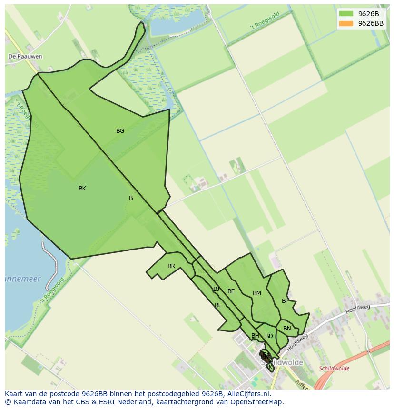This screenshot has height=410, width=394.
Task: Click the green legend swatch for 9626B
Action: (346, 14)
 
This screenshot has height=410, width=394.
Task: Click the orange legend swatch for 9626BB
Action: (346, 23)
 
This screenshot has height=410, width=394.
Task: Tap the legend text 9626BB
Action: (371, 23)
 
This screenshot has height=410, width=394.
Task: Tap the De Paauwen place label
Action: (25, 56)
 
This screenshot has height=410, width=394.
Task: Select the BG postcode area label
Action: (120, 130)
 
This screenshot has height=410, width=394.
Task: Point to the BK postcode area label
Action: (82, 189)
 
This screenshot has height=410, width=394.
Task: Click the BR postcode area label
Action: (171, 266)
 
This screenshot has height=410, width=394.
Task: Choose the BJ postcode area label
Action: (217, 289)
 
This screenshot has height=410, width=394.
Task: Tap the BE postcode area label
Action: (231, 291)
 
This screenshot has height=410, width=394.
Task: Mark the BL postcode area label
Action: (218, 305)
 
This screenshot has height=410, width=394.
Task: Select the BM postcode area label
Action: (257, 293)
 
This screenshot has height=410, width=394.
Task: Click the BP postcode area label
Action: (285, 301)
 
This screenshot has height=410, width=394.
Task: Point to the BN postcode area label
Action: (287, 329)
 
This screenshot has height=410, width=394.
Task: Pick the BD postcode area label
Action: (269, 336)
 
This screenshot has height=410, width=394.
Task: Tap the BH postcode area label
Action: (255, 336)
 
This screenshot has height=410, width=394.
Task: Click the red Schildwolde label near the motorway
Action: (334, 369)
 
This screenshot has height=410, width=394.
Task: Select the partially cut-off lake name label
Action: (23, 279)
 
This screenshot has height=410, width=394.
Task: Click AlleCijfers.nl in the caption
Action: (247, 394)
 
